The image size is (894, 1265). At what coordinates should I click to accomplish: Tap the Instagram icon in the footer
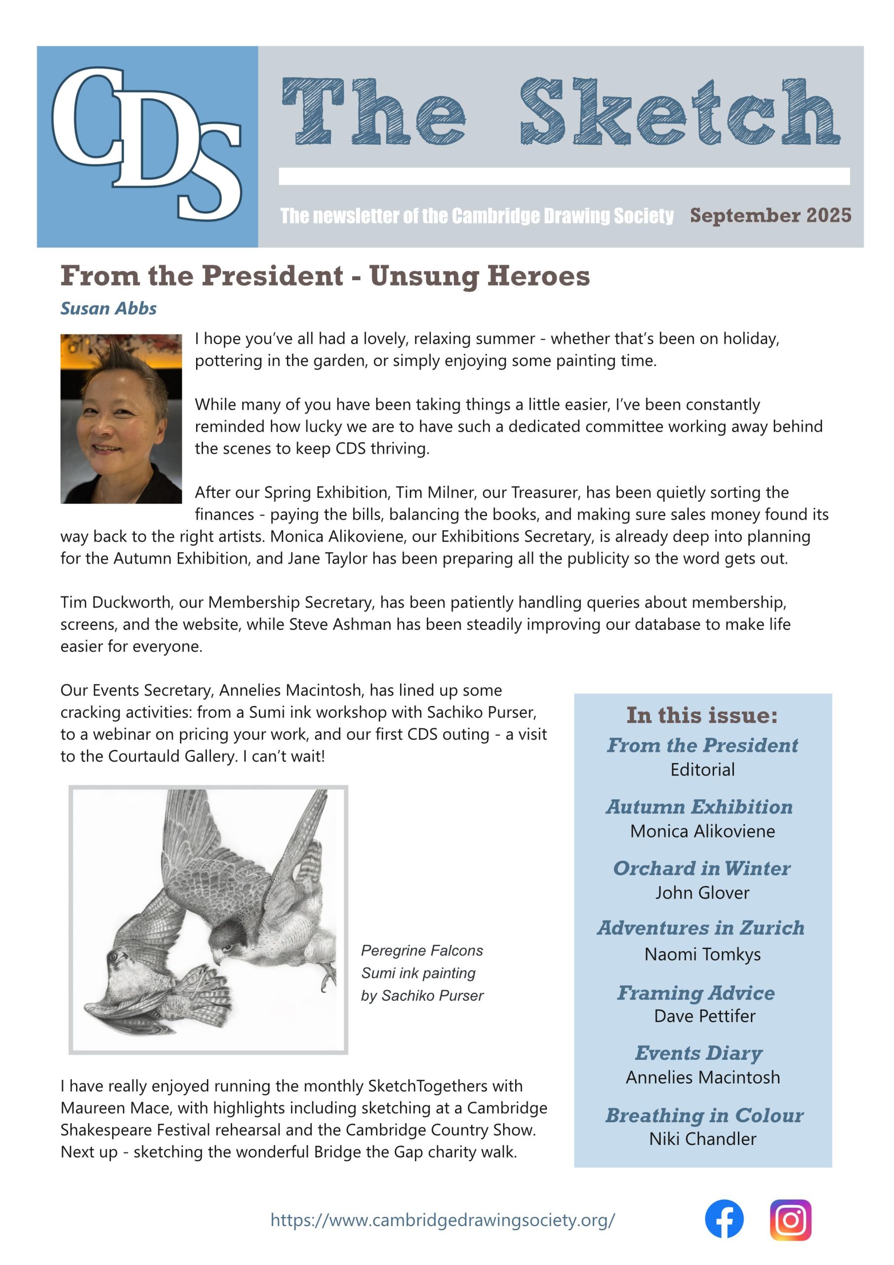[790, 1220]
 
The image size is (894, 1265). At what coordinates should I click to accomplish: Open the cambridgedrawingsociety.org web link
[443, 1220]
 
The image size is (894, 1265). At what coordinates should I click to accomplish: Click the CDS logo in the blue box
[147, 144]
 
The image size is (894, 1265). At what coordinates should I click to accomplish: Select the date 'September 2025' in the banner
[770, 215]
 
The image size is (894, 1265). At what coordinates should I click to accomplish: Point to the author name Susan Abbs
[109, 308]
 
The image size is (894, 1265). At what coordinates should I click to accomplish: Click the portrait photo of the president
[121, 418]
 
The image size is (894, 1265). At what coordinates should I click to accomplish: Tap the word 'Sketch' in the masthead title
[680, 112]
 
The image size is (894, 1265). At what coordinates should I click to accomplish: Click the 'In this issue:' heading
[702, 715]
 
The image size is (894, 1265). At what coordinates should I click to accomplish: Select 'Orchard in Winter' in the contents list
[702, 868]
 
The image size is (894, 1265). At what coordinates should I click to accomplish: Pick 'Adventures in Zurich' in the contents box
[701, 928]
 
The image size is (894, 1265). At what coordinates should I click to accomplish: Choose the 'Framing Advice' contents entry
[696, 993]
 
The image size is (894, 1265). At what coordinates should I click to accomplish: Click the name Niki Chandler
[702, 1138]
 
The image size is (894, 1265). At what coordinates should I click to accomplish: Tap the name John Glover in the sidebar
[702, 892]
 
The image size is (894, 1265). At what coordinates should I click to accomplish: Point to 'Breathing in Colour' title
[704, 1115]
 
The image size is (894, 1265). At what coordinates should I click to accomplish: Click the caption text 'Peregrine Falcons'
[422, 950]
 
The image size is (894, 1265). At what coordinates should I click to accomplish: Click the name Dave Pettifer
[704, 1016]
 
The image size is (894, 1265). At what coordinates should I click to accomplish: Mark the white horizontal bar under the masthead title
[564, 176]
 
